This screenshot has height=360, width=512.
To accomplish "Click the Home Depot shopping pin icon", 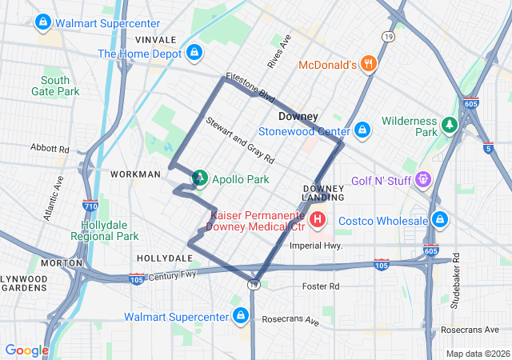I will click(x=194, y=54).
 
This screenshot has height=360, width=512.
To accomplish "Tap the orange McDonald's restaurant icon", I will click(x=368, y=65).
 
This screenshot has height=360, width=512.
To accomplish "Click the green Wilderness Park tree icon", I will click(x=450, y=126).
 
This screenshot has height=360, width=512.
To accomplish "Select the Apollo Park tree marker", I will click(x=199, y=179).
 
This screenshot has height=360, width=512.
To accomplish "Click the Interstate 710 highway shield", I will click(x=90, y=206).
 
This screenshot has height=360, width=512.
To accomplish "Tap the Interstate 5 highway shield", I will click(x=488, y=147).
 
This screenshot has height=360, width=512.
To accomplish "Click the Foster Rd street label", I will click(x=321, y=286).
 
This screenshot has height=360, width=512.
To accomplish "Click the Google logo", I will click(x=26, y=350).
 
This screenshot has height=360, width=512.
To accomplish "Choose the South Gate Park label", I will click(x=61, y=86).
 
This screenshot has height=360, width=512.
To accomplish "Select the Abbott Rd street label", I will click(x=50, y=148).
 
